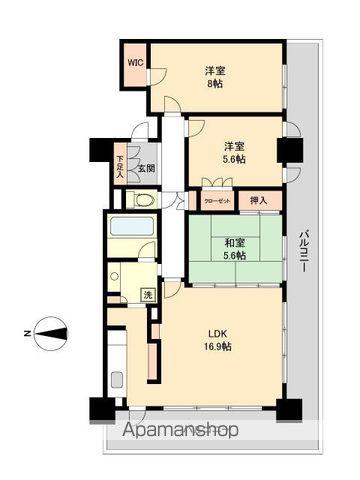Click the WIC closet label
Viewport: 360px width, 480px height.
134,62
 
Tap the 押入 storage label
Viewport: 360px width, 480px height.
256,200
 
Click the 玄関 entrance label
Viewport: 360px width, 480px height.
146,168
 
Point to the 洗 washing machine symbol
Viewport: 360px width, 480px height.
146,294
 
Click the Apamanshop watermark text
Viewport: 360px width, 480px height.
182,431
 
